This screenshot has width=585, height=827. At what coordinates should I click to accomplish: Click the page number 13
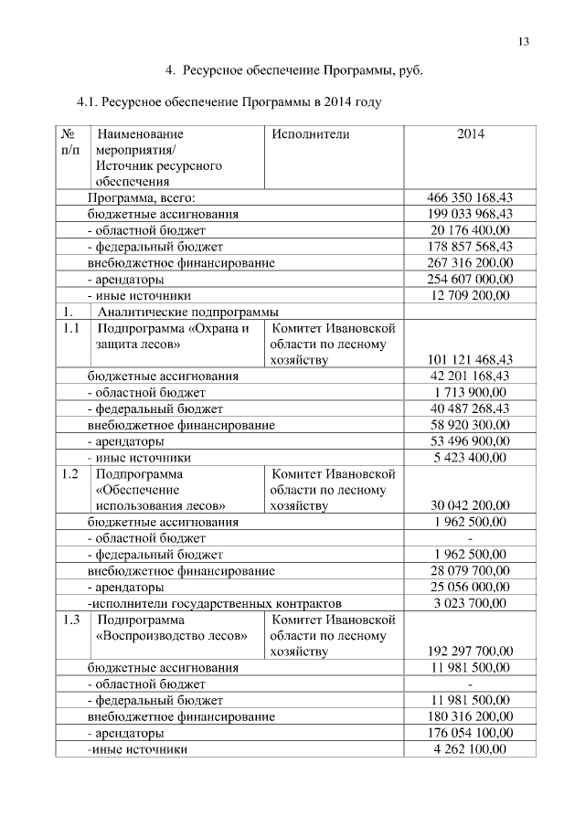(524, 41)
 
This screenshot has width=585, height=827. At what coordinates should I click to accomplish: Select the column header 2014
(470, 134)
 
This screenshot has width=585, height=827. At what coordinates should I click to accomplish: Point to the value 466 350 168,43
(471, 197)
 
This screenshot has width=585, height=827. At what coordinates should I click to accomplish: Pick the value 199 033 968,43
(471, 214)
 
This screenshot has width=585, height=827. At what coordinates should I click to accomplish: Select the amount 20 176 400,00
(471, 230)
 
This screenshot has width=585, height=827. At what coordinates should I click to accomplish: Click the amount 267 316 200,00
(471, 263)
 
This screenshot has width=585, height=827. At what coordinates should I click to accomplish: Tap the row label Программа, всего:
(142, 197)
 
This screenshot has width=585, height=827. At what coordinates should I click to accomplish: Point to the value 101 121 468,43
(471, 360)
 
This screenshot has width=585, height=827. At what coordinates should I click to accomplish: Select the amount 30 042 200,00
(471, 505)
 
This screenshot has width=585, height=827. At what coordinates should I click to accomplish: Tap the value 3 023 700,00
(471, 603)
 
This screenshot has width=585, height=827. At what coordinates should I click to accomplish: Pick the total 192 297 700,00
(471, 652)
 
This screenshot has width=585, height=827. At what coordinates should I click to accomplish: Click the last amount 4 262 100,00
(471, 749)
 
